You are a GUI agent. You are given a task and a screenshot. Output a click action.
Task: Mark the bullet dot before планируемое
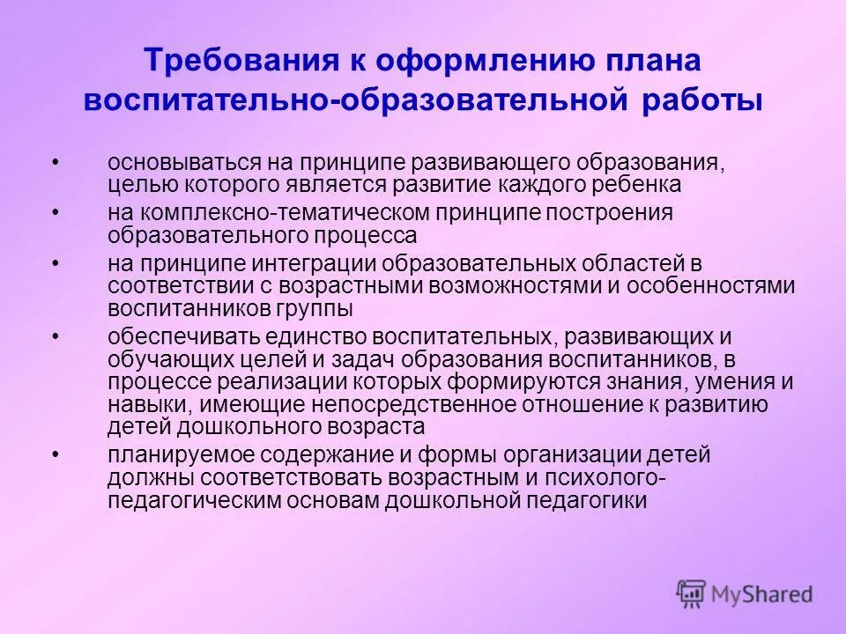56,454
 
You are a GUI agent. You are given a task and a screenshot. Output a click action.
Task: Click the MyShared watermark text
762,594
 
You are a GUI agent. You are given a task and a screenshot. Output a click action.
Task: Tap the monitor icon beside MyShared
693,593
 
